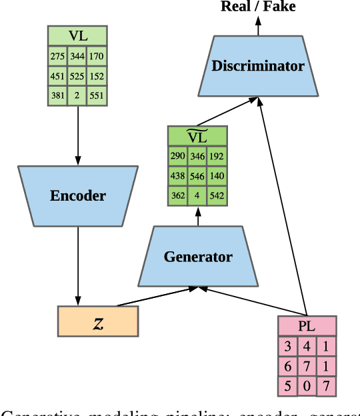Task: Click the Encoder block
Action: click(x=77, y=196)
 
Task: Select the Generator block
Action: click(x=197, y=257)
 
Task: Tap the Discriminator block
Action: click(x=257, y=65)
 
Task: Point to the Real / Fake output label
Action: click(x=258, y=7)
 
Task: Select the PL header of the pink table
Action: click(x=307, y=327)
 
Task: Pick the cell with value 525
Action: click(x=77, y=76)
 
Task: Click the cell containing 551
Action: click(x=97, y=95)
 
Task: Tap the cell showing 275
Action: click(x=58, y=56)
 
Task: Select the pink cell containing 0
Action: click(x=307, y=386)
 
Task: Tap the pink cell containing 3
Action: click(x=288, y=347)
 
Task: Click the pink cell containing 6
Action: click(x=288, y=366)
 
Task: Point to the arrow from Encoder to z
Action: click(x=78, y=267)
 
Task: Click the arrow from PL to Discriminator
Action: click(x=283, y=207)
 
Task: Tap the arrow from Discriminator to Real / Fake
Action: click(x=258, y=25)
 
